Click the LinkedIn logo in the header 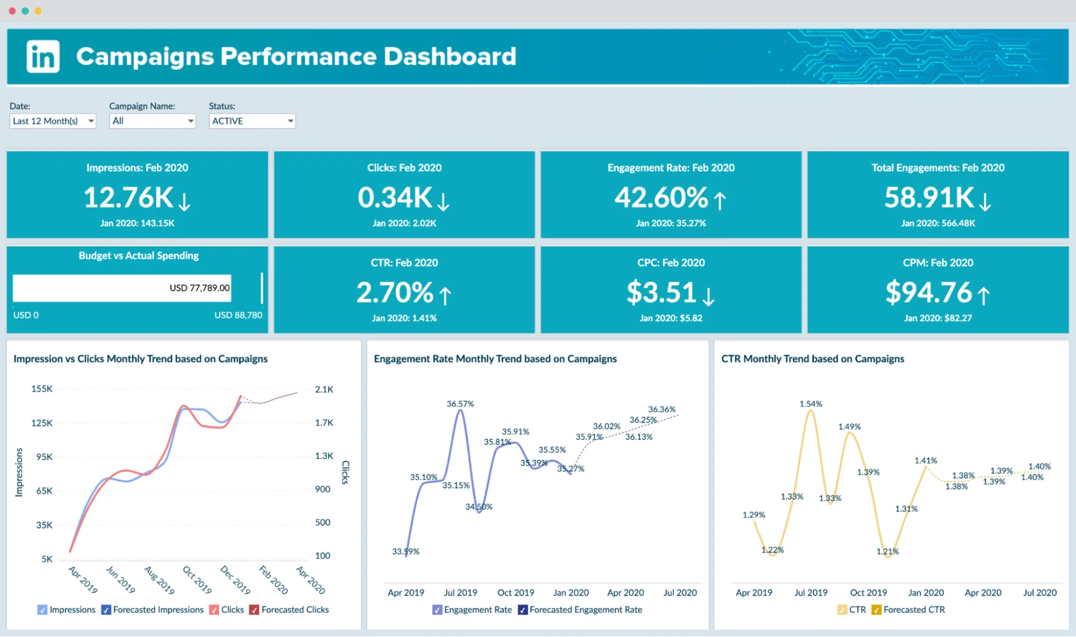(43, 56)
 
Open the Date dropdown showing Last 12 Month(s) (52, 121)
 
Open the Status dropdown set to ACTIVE (252, 121)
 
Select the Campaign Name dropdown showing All (152, 121)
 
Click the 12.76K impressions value (128, 197)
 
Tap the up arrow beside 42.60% (720, 200)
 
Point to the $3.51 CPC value (662, 293)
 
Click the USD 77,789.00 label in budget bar (199, 288)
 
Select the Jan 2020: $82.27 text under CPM (938, 318)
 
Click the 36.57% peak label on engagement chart (460, 404)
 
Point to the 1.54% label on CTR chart (811, 404)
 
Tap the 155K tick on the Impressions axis (42, 388)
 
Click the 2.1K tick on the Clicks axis (324, 389)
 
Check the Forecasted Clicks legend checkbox (254, 610)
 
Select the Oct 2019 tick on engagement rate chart (516, 592)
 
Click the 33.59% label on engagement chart (405, 551)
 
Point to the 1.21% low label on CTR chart (887, 551)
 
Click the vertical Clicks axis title (346, 472)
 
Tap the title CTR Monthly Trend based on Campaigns (812, 359)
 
